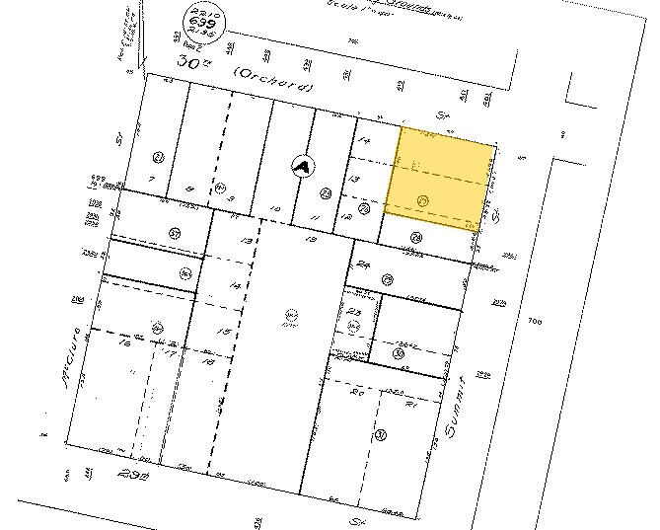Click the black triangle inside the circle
pos(301,167)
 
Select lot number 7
pos(151,178)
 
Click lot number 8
pos(189,189)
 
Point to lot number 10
pos(276,210)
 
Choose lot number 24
pos(363,264)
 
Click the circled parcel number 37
pos(174,234)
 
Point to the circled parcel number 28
pos(416,236)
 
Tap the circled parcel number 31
pos(379,433)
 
